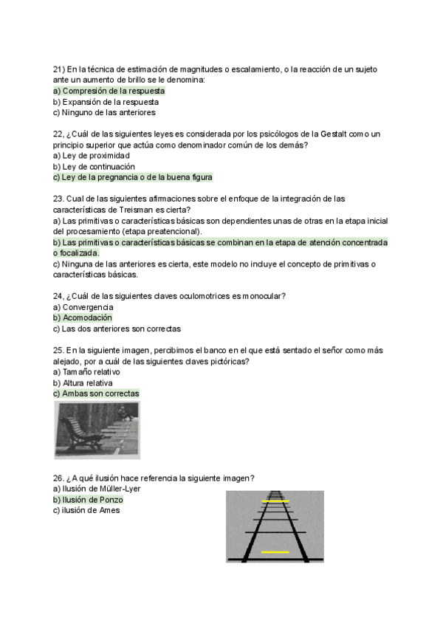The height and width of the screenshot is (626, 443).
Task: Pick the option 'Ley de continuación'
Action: tap(94, 167)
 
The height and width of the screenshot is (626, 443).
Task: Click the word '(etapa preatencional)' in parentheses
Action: tap(159, 231)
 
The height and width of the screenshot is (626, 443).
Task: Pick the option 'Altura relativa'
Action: tap(83, 383)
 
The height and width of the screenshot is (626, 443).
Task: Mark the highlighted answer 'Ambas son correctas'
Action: tap(96, 394)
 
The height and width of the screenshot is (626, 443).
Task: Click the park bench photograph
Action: tap(97, 430)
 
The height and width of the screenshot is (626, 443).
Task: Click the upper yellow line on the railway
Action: tap(275, 501)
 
